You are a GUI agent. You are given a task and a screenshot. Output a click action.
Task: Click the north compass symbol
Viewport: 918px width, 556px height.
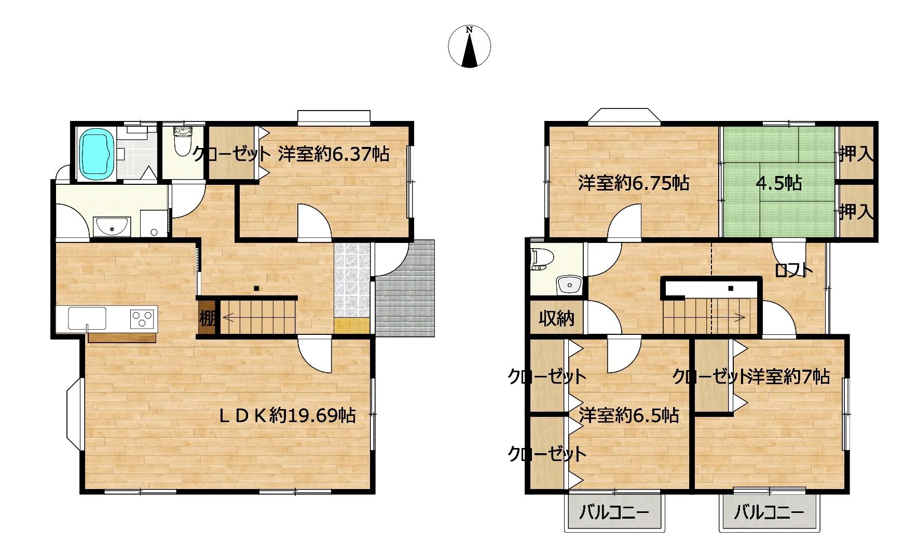[469, 46]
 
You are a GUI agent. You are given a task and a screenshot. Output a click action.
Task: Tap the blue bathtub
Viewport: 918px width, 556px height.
[97, 153]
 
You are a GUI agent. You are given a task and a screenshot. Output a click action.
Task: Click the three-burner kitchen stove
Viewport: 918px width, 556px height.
[143, 318]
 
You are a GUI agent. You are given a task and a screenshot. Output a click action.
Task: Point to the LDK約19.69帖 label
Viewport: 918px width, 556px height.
[287, 415]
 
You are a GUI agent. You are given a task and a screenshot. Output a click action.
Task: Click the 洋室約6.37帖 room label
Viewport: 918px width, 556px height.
[334, 154]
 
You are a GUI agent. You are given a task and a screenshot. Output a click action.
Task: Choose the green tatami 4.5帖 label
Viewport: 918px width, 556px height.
[778, 183]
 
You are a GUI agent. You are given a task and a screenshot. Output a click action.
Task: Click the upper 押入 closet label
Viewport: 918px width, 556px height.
[856, 154]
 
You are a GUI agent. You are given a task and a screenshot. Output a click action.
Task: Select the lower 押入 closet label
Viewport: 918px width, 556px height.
[856, 211]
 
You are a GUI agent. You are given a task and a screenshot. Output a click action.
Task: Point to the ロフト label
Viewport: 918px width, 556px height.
[793, 270]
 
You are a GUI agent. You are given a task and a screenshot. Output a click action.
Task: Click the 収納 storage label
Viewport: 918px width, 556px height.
[556, 318]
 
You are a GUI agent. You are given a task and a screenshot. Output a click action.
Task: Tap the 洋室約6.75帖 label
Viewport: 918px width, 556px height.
[634, 183]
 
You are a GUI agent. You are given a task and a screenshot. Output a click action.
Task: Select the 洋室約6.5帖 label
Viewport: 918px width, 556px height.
[628, 415]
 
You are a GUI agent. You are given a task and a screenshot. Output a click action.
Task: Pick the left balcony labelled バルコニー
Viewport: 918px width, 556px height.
[614, 512]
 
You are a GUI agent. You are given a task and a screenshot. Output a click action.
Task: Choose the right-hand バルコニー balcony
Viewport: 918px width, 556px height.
[770, 512]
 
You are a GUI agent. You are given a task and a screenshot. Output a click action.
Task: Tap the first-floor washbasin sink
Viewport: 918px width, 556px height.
[111, 226]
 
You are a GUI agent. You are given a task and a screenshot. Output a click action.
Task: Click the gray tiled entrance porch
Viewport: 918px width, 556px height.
[405, 288]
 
